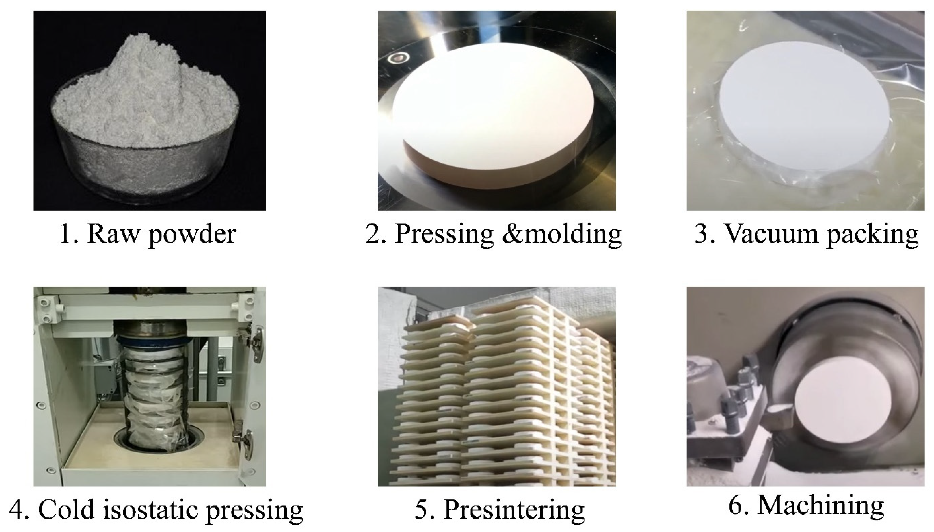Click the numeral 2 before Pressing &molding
[x=374, y=234]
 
